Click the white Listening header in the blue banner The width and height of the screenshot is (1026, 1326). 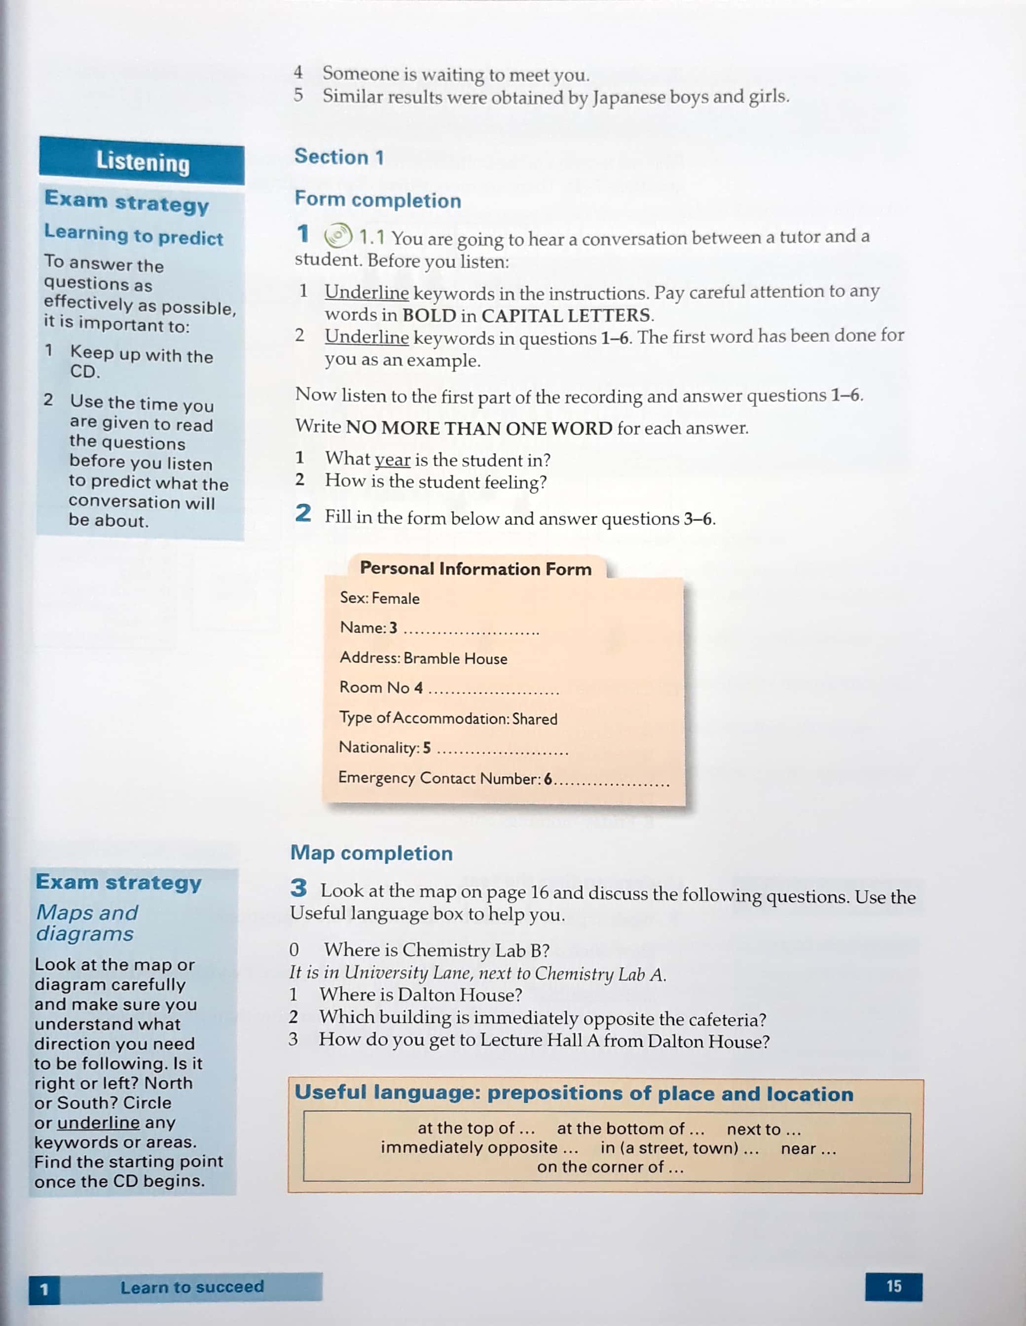[143, 163]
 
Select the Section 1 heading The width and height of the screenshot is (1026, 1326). [339, 157]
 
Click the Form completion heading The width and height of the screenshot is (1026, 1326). [378, 200]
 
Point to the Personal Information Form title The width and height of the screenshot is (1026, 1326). [476, 568]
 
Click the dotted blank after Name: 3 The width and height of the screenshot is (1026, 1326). [471, 631]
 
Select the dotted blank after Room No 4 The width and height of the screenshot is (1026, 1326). [493, 691]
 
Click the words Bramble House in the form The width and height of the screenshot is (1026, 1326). [455, 659]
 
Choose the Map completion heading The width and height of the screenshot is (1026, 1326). [371, 853]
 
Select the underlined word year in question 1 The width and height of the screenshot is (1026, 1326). [392, 460]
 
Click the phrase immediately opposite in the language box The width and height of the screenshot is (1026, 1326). [469, 1147]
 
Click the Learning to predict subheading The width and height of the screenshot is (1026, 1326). [134, 235]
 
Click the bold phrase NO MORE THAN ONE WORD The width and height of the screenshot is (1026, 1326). [478, 428]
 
